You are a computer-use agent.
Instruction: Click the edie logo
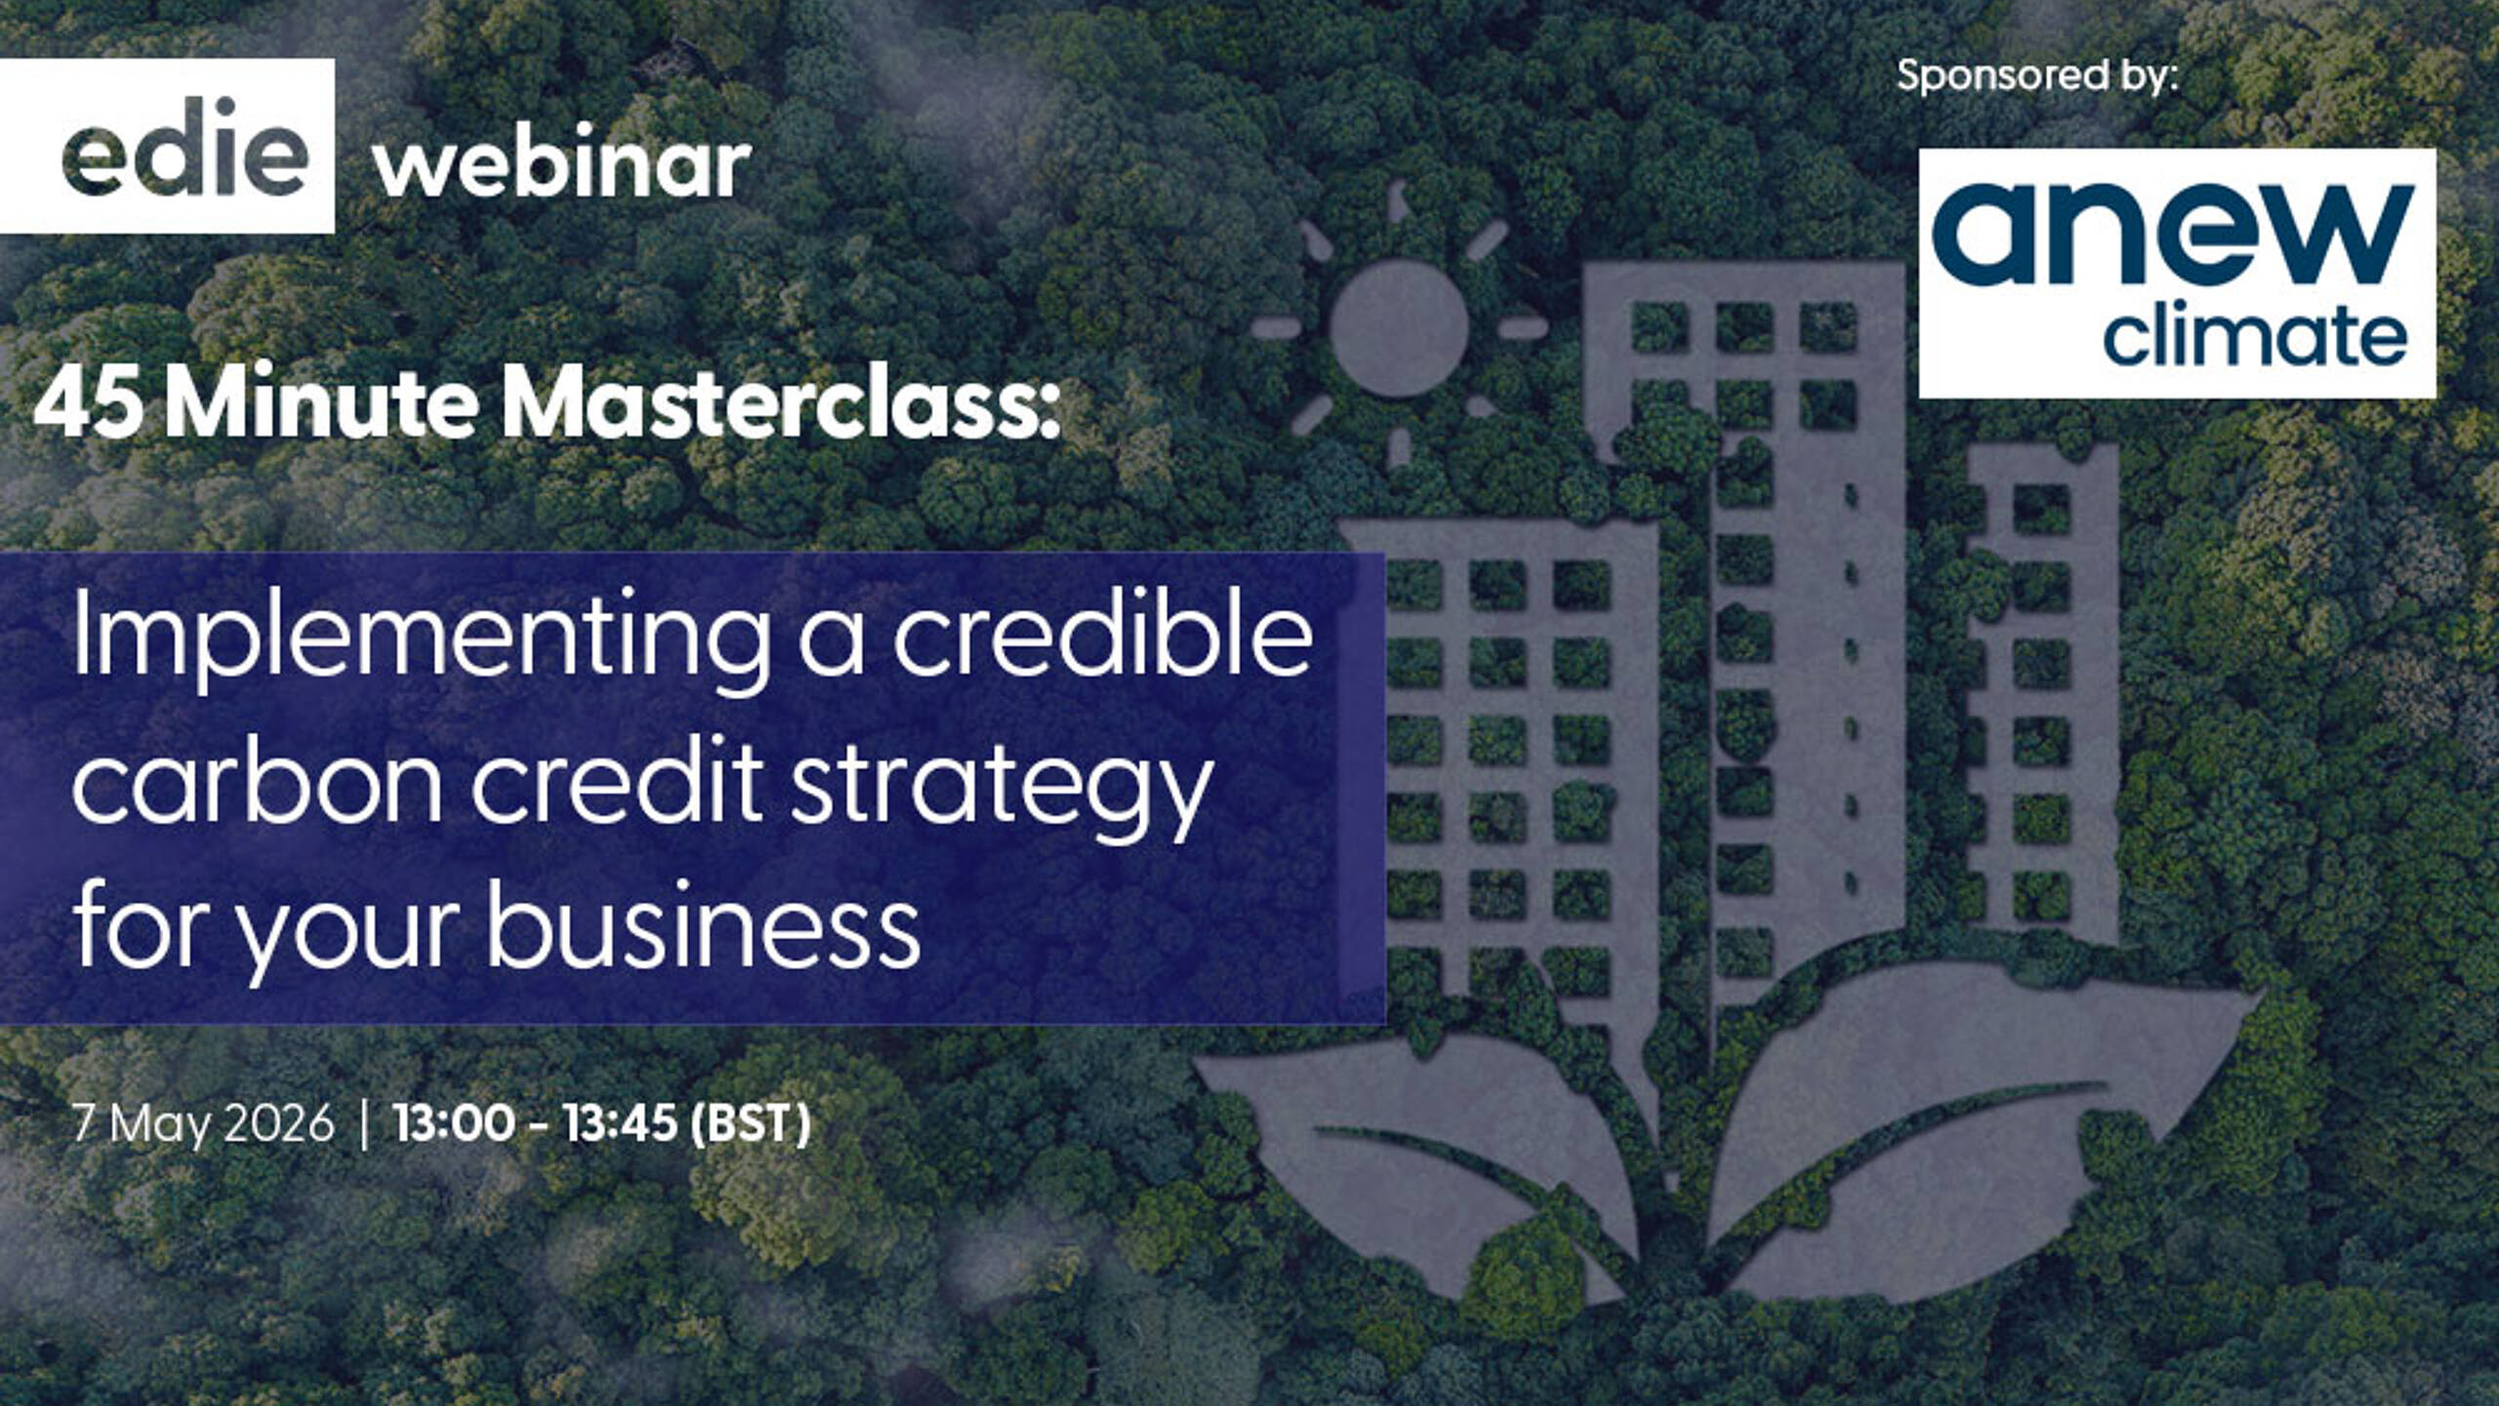pos(184,147)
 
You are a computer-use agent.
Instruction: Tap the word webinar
pos(562,166)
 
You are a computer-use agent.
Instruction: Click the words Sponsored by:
pos(2037,76)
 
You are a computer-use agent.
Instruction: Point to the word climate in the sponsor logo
pos(2255,338)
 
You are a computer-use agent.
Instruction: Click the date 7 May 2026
pos(204,1123)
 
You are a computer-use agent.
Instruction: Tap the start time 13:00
pos(453,1123)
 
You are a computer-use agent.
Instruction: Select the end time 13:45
pos(620,1123)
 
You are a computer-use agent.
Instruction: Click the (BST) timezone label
pos(750,1123)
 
